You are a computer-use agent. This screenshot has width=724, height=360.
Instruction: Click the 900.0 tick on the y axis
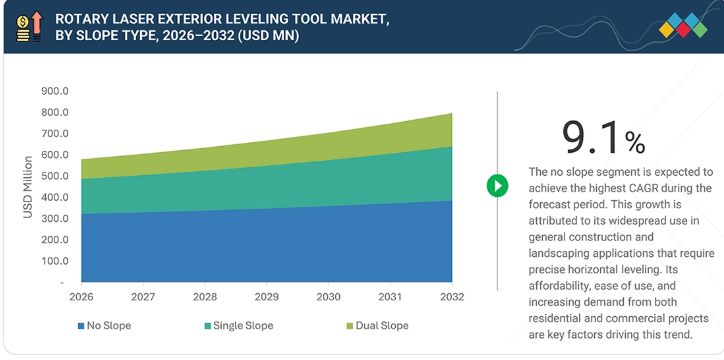coord(55,91)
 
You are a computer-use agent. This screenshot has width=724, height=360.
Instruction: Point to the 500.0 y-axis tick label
coord(55,176)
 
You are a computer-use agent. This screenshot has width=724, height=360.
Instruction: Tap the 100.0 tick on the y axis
coord(55,261)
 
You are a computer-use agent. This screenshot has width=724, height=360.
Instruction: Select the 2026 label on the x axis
coord(81,296)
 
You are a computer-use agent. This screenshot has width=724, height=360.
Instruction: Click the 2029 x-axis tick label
coord(266,296)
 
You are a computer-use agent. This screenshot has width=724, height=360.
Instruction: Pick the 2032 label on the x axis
coord(452,296)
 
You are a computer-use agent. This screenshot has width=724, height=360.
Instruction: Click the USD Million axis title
coord(28,187)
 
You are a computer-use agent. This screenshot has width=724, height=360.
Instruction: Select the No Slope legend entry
coord(104,326)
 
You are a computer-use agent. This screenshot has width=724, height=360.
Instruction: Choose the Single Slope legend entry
coord(239,326)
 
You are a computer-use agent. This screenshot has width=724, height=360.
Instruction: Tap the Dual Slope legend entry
coord(377,326)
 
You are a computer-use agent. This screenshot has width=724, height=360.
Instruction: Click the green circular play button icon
coord(497,186)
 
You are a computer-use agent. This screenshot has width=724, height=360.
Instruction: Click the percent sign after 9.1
coord(635,143)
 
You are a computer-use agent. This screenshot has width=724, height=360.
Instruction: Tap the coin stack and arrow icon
coord(30,27)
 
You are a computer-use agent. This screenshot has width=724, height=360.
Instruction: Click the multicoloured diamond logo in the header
coord(683,25)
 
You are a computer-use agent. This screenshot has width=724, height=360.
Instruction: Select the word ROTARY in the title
coord(76,19)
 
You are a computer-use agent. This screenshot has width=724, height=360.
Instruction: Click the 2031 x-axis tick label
coord(390,296)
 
